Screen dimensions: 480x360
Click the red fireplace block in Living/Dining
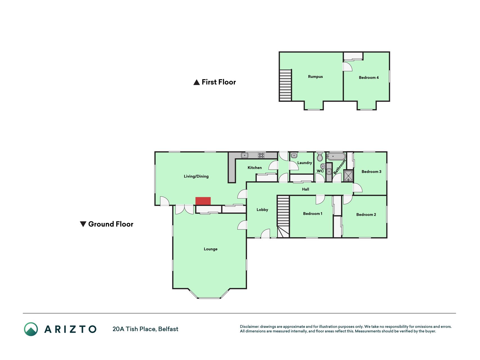pyautogui.click(x=203, y=201)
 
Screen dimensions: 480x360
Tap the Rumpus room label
pyautogui.click(x=315, y=76)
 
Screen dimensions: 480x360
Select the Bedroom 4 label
pyautogui.click(x=369, y=78)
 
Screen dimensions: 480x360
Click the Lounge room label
pyautogui.click(x=211, y=249)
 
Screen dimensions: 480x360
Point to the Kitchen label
pyautogui.click(x=254, y=168)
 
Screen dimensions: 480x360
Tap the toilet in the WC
pyautogui.click(x=320, y=157)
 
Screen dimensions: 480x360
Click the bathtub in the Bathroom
pyautogui.click(x=336, y=156)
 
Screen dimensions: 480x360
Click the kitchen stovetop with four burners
pyautogui.click(x=261, y=155)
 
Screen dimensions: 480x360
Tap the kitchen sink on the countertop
pyautogui.click(x=245, y=155)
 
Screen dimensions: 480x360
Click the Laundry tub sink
pyautogui.click(x=294, y=155)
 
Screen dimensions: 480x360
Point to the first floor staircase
pyautogui.click(x=285, y=85)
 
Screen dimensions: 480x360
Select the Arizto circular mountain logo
pyautogui.click(x=31, y=329)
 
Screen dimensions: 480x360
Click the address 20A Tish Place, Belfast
pyautogui.click(x=145, y=329)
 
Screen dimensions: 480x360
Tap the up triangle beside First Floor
pyautogui.click(x=197, y=82)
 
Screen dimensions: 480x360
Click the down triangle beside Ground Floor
pyautogui.click(x=83, y=224)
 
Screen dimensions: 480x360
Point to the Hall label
pyautogui.click(x=305, y=189)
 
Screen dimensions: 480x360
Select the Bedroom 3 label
pyautogui.click(x=371, y=172)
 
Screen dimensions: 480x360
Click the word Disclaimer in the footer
pyautogui.click(x=249, y=327)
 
